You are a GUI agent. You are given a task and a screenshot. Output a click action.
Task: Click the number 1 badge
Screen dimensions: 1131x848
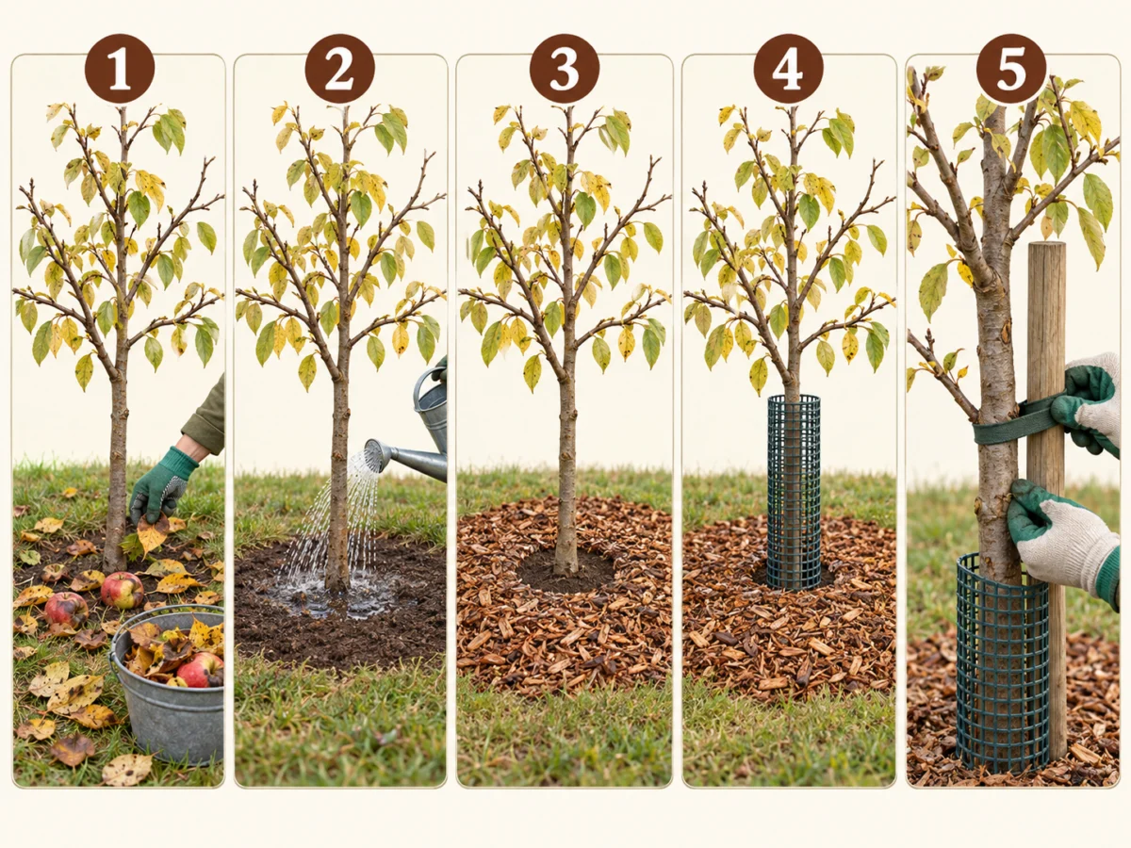(x=120, y=69)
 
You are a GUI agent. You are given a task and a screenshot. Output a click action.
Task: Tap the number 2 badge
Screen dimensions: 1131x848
(x=339, y=69)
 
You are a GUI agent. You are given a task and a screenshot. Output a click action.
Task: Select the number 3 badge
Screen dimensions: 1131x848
(x=565, y=69)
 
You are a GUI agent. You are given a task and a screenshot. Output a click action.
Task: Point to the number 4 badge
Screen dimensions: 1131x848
(x=788, y=69)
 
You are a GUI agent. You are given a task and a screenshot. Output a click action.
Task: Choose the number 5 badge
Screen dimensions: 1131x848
(x=1011, y=69)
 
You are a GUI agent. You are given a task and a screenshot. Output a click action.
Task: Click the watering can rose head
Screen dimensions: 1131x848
(x=376, y=455)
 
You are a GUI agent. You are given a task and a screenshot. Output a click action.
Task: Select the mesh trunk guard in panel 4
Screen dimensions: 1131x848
(x=793, y=492)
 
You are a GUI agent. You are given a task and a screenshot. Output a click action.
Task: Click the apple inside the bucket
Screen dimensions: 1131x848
(x=200, y=669)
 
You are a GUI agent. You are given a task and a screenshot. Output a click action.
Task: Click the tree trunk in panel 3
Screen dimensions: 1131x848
(x=565, y=464)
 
